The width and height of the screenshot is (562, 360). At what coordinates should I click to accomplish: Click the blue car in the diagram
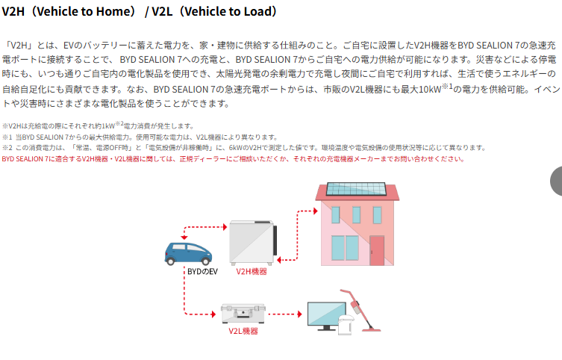coord(183,252)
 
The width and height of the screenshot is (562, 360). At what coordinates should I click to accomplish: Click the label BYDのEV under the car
coord(202,272)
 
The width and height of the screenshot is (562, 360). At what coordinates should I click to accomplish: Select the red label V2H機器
coord(251,272)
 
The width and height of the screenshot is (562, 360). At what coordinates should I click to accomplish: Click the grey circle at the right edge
coord(557,181)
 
